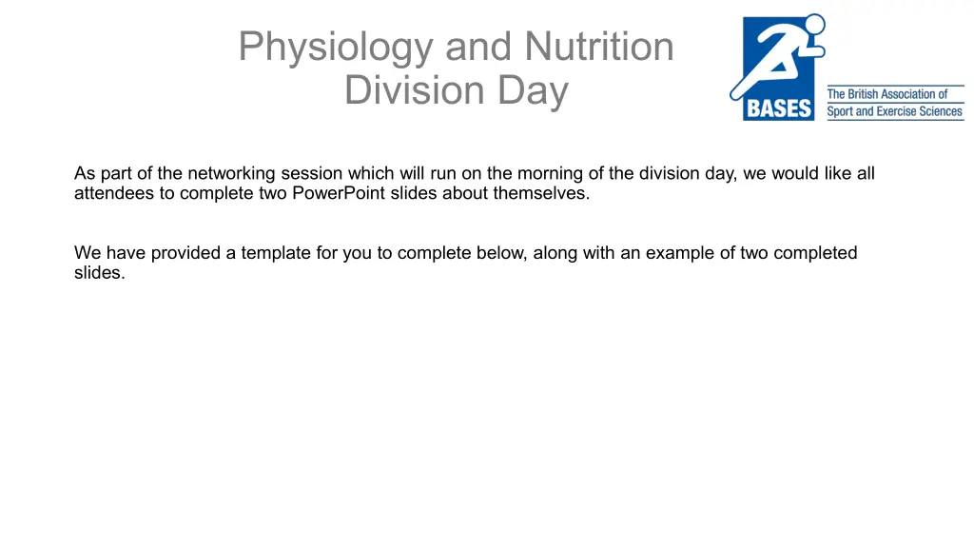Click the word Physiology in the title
336,48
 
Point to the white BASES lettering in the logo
779,108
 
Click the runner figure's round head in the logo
814,25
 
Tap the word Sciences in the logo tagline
941,112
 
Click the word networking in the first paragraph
231,174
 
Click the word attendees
114,193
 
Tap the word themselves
541,193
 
